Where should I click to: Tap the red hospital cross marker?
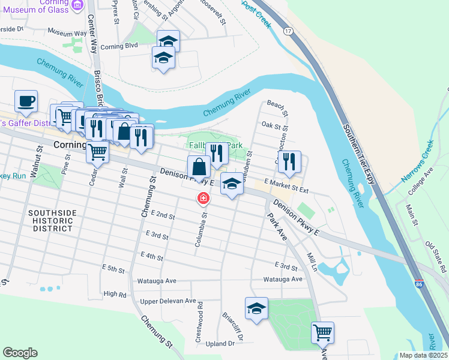tap(203, 198)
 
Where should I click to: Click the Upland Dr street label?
tap(220, 344)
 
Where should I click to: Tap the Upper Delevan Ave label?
tap(167, 301)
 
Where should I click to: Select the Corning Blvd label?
tap(119, 46)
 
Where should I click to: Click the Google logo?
tap(20, 353)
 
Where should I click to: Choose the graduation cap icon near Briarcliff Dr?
tap(257, 308)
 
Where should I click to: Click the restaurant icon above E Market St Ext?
tap(289, 161)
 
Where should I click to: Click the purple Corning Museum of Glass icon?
tap(77, 5)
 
